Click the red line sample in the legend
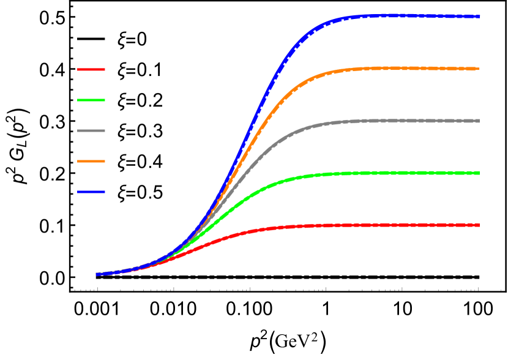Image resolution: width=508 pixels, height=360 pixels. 91,70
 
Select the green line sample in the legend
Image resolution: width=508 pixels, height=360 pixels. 91,100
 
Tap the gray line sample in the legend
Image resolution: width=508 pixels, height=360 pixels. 91,131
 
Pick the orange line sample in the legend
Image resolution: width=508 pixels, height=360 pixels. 91,162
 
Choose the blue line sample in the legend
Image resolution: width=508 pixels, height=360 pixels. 91,192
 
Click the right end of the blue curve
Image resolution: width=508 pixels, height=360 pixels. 479,17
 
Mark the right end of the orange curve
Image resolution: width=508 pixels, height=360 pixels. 479,69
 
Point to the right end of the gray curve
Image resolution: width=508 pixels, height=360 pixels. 479,121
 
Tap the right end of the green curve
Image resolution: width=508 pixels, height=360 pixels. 479,173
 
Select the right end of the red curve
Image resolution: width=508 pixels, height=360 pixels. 479,225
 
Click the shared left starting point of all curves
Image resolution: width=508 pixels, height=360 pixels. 97,274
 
